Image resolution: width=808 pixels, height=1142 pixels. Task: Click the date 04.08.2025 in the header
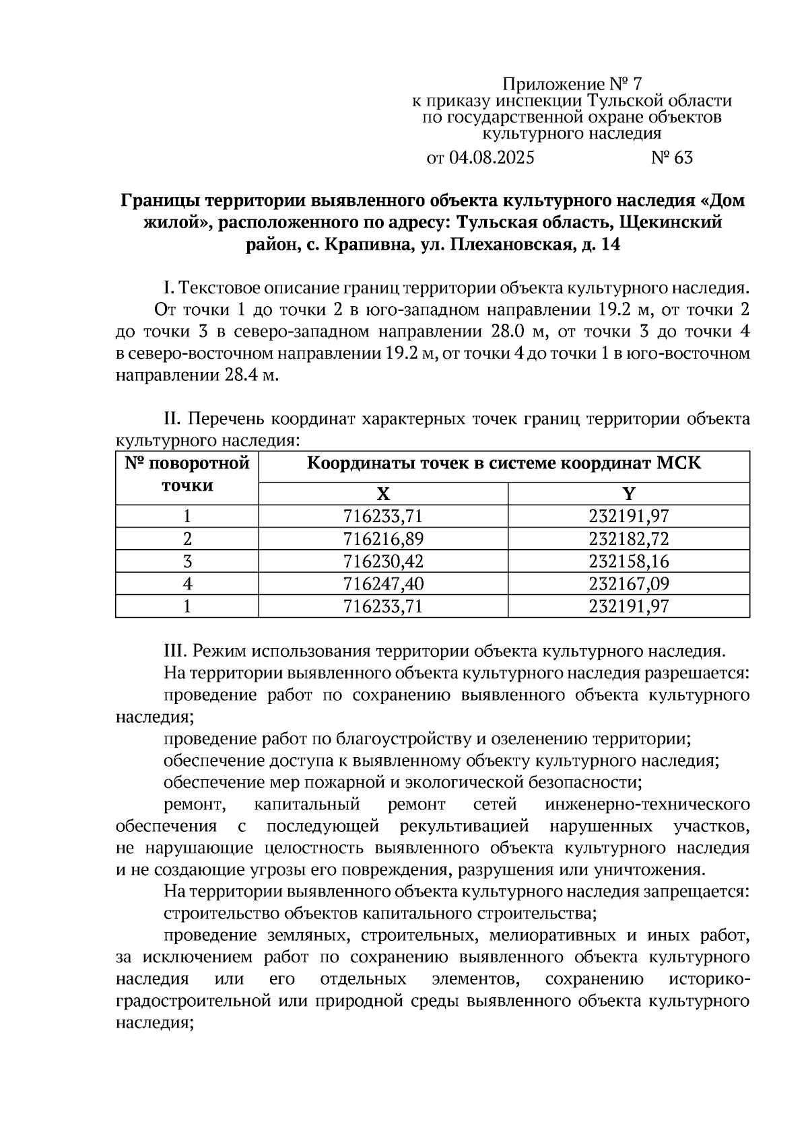491,158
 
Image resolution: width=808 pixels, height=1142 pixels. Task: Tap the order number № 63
671,158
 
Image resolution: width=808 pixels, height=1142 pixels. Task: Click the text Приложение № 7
572,85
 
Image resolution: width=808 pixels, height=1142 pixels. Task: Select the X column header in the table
383,495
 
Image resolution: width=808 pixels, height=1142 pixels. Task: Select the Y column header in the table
628,495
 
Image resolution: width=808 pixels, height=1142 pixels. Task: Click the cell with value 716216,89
383,539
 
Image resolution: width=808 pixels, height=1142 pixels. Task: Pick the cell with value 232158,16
628,561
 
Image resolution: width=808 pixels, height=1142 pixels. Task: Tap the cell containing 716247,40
383,583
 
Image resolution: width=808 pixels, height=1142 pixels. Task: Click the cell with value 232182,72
628,539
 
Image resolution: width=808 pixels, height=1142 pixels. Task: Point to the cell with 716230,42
383,561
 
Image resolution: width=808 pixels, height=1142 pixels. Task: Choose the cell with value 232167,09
628,583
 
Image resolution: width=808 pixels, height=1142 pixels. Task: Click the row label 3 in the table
187,561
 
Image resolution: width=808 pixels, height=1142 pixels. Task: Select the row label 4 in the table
187,583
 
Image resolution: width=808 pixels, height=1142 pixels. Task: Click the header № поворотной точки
187,474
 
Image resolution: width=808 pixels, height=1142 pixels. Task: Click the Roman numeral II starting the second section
172,420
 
